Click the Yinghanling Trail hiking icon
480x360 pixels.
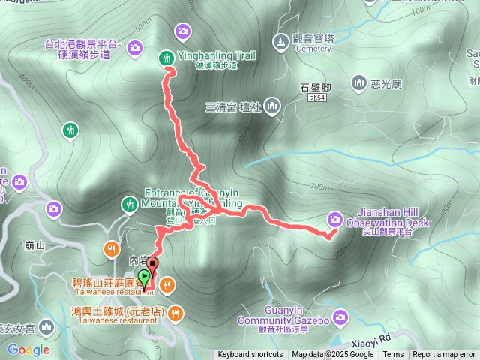pos(165,56)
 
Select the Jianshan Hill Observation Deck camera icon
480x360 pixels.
pos(334,219)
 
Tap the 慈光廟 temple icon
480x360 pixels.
pos(358,82)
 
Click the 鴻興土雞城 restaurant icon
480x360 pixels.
pos(174,311)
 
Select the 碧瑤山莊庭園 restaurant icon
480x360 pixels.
pos(166,283)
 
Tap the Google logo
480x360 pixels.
pos(28,349)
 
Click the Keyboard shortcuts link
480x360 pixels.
pos(250,355)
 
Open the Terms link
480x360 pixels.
pos(393,355)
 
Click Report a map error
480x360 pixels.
pos(445,355)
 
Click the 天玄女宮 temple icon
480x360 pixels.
pos(46,328)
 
